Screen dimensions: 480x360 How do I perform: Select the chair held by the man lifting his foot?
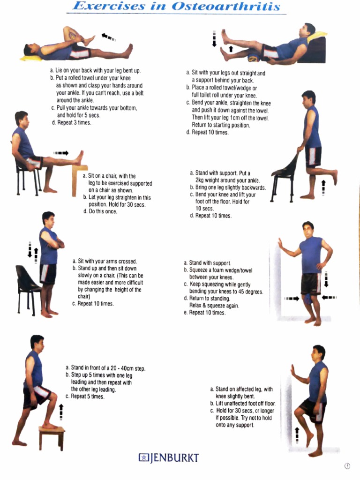click(285, 176)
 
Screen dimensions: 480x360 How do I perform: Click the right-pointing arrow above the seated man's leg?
click(61, 153)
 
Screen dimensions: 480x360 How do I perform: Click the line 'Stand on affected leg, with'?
click(241, 389)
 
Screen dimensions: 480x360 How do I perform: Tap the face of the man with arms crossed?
click(49, 220)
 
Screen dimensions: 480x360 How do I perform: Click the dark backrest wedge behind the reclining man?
click(313, 51)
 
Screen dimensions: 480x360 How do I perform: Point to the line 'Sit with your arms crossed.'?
click(104, 261)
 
